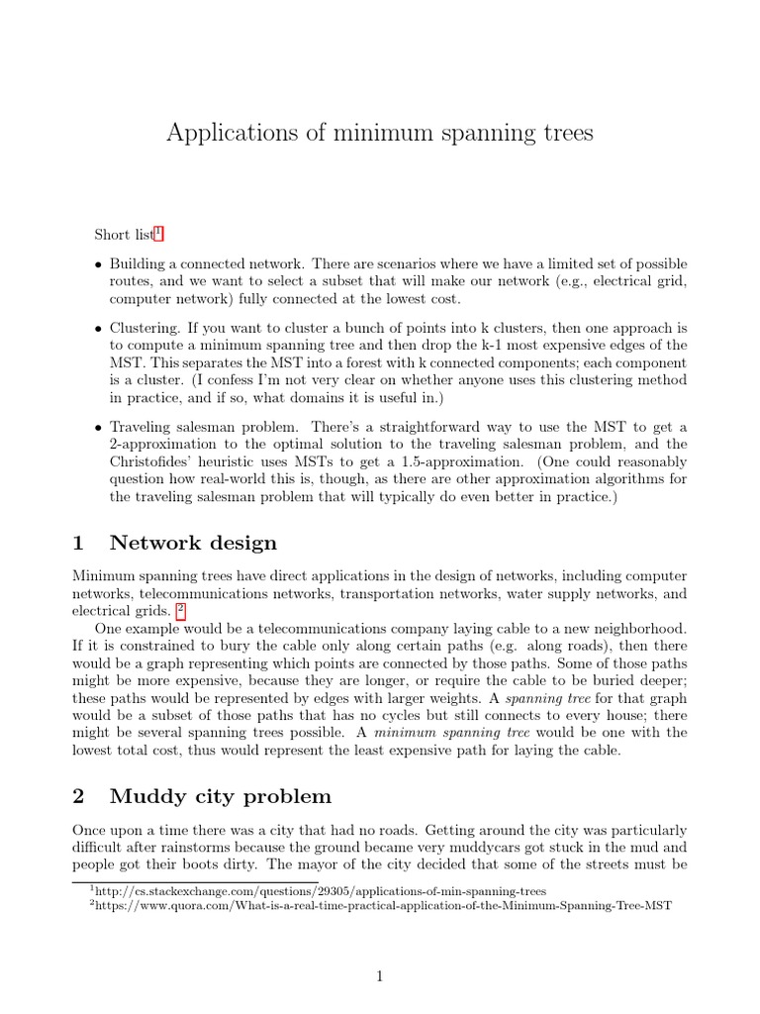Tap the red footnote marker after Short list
coord(158,234)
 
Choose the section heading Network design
coord(193,543)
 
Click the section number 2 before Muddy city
coord(80,796)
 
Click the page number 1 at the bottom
coord(380,976)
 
